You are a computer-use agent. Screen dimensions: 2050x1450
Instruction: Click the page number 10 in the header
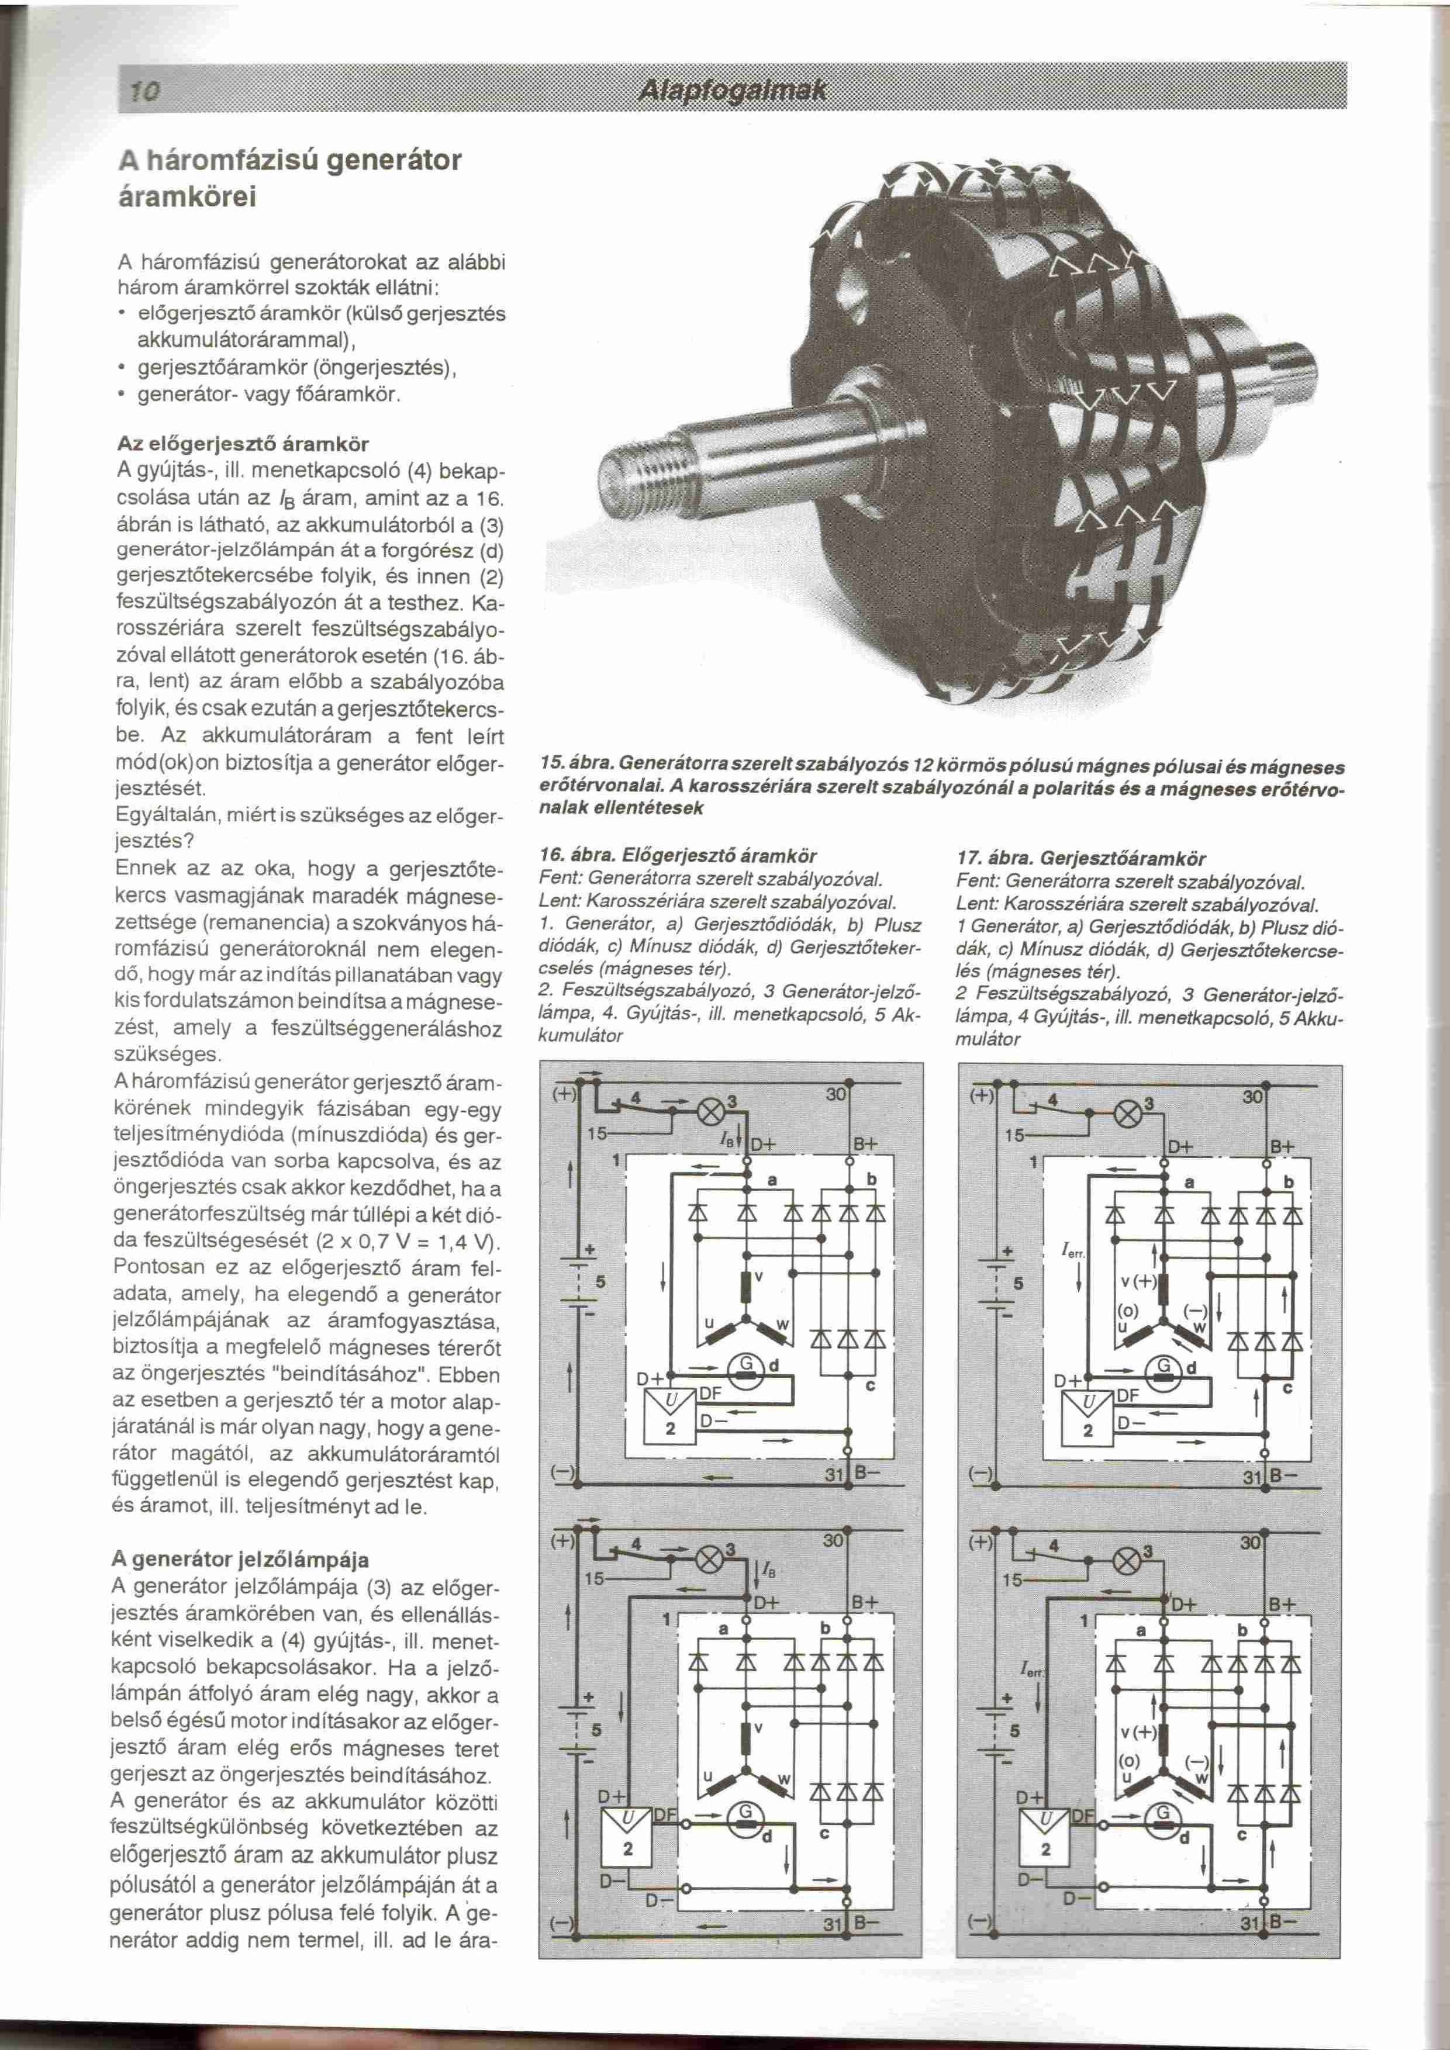point(143,89)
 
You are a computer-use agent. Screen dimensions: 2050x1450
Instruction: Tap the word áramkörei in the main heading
point(188,198)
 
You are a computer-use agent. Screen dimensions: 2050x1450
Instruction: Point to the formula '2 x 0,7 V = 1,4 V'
point(405,1242)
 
